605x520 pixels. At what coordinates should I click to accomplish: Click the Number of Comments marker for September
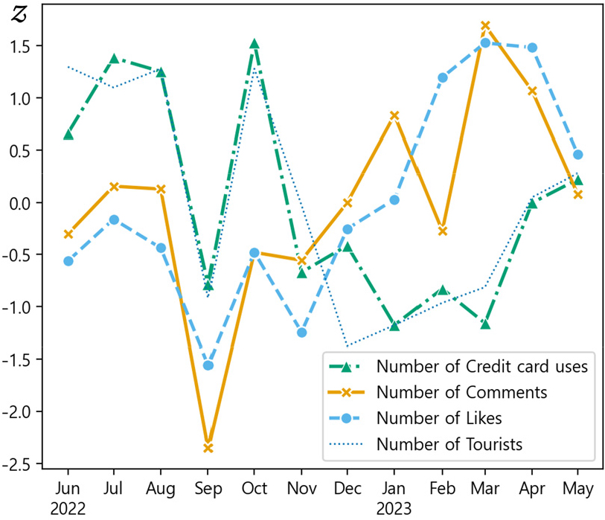tap(208, 447)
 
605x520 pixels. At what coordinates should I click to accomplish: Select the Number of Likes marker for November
tap(301, 333)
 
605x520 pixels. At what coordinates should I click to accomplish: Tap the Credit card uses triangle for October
tap(255, 44)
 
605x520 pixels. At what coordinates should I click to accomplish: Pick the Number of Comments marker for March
tap(485, 25)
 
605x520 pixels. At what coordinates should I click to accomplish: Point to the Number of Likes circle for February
tap(443, 77)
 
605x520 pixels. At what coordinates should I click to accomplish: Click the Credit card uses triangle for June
tap(68, 135)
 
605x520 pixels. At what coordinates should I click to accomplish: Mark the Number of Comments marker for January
tap(394, 115)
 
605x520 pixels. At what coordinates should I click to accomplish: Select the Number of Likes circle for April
tap(532, 48)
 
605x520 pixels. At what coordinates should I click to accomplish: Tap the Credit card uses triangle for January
tap(394, 325)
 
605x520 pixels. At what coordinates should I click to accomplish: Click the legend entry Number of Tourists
tap(449, 445)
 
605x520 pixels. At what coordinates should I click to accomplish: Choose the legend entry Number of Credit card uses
tap(483, 366)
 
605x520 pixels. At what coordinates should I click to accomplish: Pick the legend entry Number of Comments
tap(462, 392)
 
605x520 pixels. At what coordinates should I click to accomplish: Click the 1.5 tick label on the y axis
tap(23, 46)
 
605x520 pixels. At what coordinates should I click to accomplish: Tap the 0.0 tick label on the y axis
tap(23, 203)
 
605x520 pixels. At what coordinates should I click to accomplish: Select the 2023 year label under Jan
tap(394, 509)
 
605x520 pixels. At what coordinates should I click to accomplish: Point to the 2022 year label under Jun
tap(68, 509)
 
